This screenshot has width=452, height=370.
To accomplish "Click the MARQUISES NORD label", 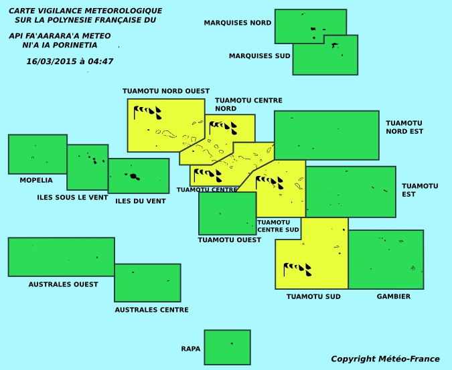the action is (x=238, y=23).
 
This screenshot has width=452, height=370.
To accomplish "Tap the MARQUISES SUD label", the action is (x=259, y=56).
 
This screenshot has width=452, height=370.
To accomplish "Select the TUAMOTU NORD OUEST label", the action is (x=166, y=91).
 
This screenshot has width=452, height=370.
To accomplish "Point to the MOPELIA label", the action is (x=36, y=180).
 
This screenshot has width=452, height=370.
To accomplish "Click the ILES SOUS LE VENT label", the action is (x=72, y=197).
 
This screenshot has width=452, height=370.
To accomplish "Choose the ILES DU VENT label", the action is (x=141, y=201).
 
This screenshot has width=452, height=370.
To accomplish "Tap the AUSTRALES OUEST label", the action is (x=63, y=284).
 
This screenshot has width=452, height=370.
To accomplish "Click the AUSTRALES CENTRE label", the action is (x=151, y=310).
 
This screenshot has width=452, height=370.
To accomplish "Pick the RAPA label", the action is (x=191, y=349).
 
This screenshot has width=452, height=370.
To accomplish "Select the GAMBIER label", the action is (x=394, y=296).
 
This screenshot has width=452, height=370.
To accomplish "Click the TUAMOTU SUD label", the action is (x=313, y=296).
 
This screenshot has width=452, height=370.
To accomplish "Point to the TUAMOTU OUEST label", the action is (x=230, y=240).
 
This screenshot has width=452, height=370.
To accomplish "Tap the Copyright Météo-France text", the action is (x=385, y=359).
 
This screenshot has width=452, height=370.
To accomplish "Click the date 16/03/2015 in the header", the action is (x=52, y=62).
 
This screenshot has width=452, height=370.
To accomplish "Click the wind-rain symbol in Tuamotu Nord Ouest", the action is (x=147, y=112).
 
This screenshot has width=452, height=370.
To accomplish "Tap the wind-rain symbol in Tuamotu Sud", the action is (x=297, y=270).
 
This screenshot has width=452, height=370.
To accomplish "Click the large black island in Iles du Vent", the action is (x=133, y=176).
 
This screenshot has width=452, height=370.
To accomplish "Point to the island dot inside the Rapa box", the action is (x=232, y=343).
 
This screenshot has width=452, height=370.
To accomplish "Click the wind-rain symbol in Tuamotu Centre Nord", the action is (x=223, y=128).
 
